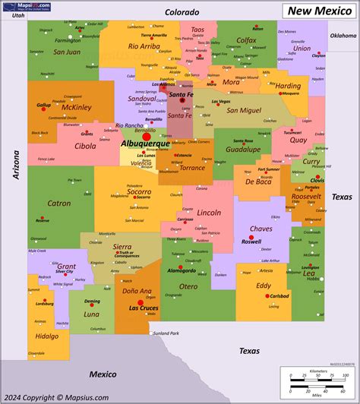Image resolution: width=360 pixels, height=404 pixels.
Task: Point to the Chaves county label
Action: tap(261, 229)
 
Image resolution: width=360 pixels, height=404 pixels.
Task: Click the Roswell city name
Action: tap(251, 241)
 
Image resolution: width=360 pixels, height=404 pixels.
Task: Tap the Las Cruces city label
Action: tap(144, 308)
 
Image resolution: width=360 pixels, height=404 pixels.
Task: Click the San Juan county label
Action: tap(67, 52)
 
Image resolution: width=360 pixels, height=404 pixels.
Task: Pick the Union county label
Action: tap(302, 48)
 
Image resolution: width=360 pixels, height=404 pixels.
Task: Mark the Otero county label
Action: tap(188, 286)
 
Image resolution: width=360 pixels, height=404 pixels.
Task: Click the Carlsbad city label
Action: tap(279, 296)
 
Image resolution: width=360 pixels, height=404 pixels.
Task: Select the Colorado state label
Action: tap(182, 12)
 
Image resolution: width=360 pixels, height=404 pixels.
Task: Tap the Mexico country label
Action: tap(102, 374)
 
